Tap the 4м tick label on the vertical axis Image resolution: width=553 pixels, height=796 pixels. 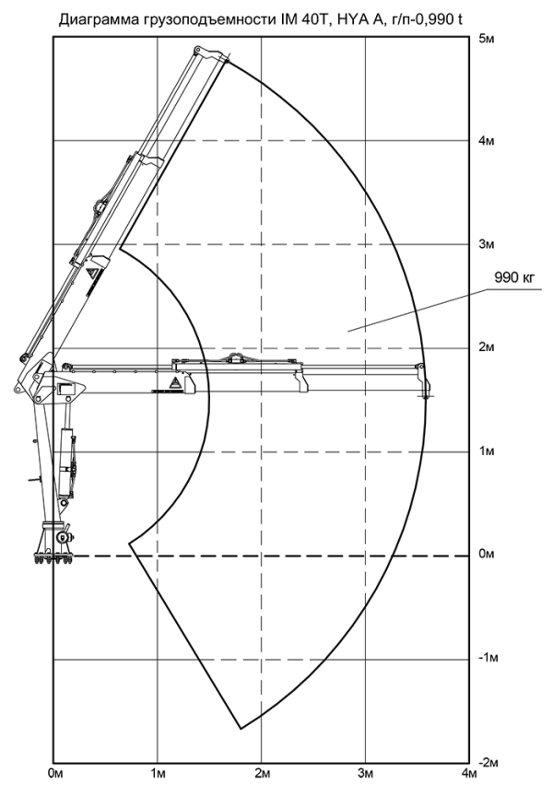tap(487, 141)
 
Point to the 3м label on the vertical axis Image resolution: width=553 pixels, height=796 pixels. tap(487, 244)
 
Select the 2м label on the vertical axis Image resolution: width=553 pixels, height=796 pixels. tap(487, 347)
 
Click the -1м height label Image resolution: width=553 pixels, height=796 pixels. tap(488, 658)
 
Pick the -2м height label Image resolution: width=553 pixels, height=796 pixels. tap(488, 763)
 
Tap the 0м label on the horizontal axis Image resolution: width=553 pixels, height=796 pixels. tap(55, 774)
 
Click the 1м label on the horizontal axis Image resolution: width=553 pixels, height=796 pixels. tap(159, 774)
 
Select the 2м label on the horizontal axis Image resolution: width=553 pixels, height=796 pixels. tap(263, 774)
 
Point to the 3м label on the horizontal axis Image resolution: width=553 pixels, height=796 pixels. tap(366, 774)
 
